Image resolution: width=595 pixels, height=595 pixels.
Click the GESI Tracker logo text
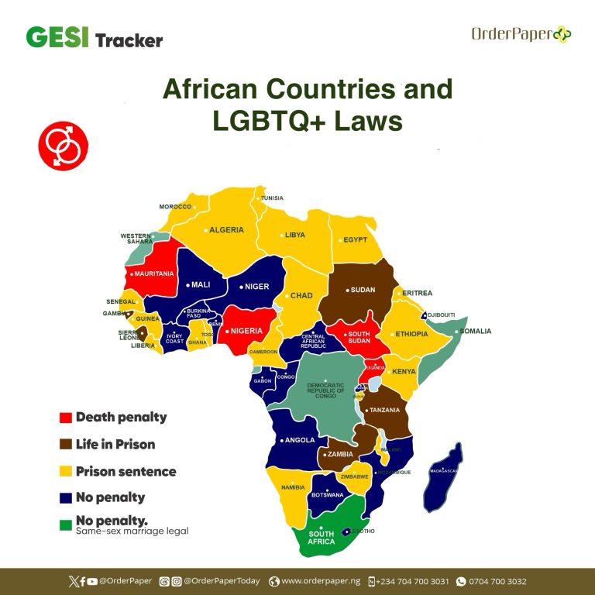pyautogui.click(x=94, y=38)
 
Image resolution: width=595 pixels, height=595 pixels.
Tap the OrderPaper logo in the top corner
pyautogui.click(x=521, y=34)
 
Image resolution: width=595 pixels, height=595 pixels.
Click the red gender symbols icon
pyautogui.click(x=63, y=144)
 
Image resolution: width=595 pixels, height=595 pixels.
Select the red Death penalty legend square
pyautogui.click(x=66, y=418)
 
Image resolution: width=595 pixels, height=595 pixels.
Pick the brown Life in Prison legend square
pyautogui.click(x=66, y=445)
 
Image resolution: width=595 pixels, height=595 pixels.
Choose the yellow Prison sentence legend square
pyautogui.click(x=66, y=471)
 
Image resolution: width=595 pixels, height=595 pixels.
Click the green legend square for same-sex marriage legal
pyautogui.click(x=66, y=524)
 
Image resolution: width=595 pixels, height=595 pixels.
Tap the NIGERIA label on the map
pyautogui.click(x=246, y=331)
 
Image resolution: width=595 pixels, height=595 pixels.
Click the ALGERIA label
pyautogui.click(x=226, y=230)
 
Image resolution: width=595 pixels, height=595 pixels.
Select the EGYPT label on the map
pyautogui.click(x=355, y=239)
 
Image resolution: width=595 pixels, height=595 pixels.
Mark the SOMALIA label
pyautogui.click(x=475, y=332)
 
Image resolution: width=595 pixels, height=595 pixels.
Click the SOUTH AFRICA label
pyautogui.click(x=322, y=538)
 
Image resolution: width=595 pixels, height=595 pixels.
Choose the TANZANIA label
pyautogui.click(x=384, y=410)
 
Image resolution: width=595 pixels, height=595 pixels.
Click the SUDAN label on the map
pyautogui.click(x=363, y=290)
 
